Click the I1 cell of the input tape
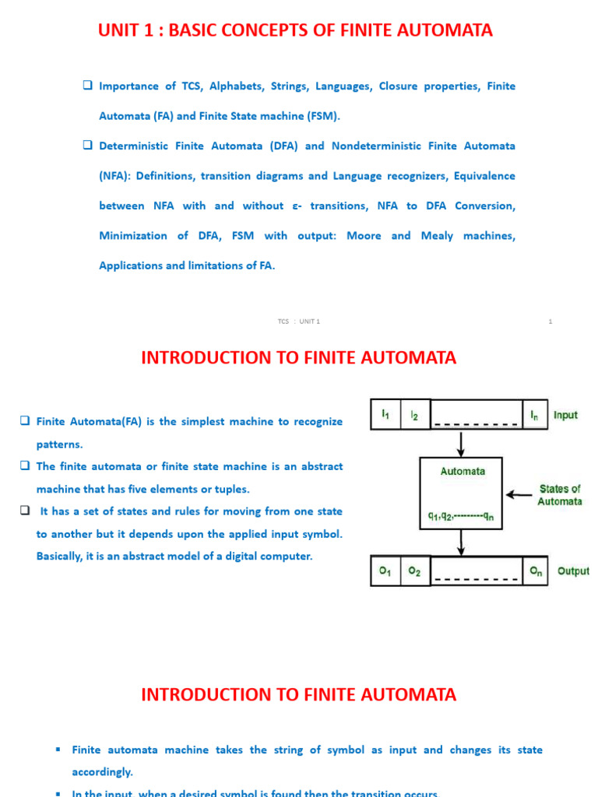point(385,416)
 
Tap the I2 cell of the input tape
point(414,416)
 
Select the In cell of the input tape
point(535,416)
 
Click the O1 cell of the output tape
point(385,571)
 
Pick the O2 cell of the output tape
point(414,571)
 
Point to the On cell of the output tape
point(536,571)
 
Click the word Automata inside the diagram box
point(463,471)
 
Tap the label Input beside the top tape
point(565,416)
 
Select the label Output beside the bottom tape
point(573,571)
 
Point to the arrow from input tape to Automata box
point(462,444)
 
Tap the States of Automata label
point(559,495)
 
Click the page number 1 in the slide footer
point(550,321)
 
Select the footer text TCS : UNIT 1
point(299,321)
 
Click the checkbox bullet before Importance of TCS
point(88,86)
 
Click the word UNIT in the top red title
point(121,30)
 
